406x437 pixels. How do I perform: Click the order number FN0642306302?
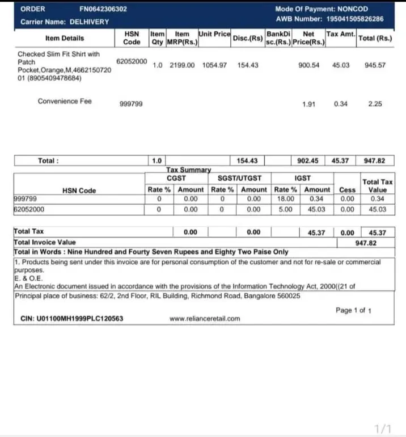click(x=103, y=9)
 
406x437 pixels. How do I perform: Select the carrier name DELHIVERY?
click(x=89, y=22)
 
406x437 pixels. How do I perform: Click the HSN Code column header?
click(x=132, y=38)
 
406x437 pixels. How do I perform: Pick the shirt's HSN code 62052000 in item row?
click(x=132, y=61)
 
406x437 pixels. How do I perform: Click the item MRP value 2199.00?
click(x=182, y=65)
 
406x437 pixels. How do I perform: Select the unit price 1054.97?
click(x=214, y=65)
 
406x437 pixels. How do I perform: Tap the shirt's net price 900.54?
click(x=308, y=65)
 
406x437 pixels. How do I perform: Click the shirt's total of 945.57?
click(x=375, y=65)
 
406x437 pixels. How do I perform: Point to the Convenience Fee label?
click(x=65, y=101)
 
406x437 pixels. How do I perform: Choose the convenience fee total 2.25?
click(x=375, y=104)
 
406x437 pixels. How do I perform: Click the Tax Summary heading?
click(x=189, y=170)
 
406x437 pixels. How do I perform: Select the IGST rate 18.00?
click(x=285, y=199)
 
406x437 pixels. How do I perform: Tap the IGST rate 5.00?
click(x=285, y=209)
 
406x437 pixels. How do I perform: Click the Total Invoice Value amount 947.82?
click(x=366, y=242)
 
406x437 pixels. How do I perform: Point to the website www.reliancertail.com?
click(x=205, y=319)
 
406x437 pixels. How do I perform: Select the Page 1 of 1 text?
click(x=353, y=310)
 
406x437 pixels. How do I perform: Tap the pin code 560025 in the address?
click(x=289, y=296)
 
